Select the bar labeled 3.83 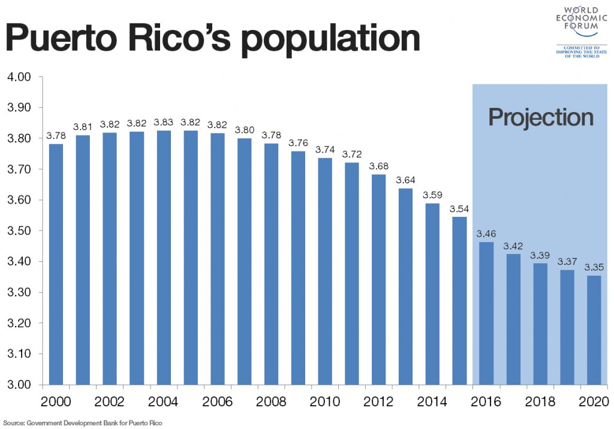[164, 258]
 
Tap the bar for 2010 [325, 271]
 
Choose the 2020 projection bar [594, 330]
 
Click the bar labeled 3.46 [486, 313]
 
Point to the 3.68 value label [378, 165]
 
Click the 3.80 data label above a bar [244, 129]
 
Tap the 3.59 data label [432, 195]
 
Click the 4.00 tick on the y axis [18, 77]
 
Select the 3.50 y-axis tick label [18, 231]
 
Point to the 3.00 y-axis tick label [18, 384]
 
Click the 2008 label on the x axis [271, 401]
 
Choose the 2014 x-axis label [432, 401]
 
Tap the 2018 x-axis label [540, 401]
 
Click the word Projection [540, 117]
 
